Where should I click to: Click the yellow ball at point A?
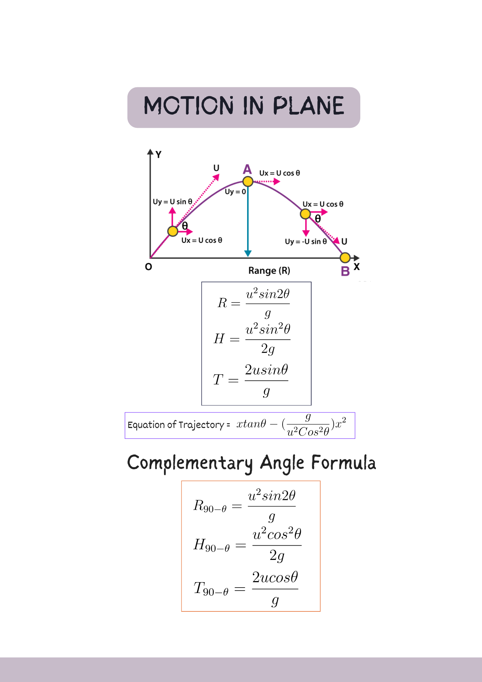(248, 181)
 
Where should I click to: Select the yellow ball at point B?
(345, 257)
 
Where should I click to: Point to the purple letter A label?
(247, 169)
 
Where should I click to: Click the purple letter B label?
(345, 271)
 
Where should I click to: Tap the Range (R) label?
(269, 271)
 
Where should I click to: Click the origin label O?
(148, 267)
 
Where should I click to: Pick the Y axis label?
(159, 154)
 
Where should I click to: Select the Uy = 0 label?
(235, 192)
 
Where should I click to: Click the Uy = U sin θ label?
(172, 202)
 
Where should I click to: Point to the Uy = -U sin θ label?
(306, 241)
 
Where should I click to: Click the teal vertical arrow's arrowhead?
(248, 253)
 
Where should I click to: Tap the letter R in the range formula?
(222, 303)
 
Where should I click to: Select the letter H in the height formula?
(219, 339)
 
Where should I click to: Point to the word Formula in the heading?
(343, 463)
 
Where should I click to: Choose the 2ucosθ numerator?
(275, 577)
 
